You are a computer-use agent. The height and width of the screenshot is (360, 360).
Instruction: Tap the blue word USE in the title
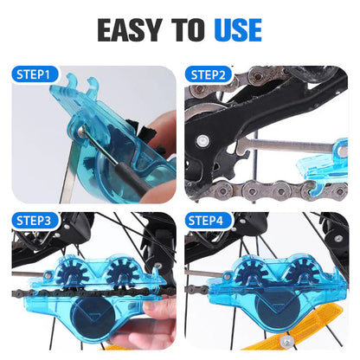[233, 29]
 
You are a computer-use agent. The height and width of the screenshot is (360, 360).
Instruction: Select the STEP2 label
[210, 74]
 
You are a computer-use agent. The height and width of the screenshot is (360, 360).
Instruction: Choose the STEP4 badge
[210, 221]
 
